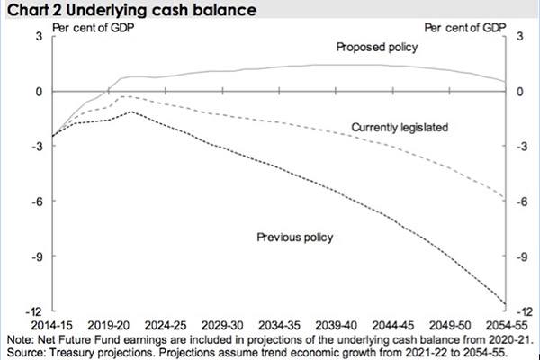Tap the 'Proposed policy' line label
[376, 47]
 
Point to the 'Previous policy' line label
[295, 238]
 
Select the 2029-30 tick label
[223, 322]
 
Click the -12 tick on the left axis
[37, 310]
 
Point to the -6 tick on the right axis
[518, 201]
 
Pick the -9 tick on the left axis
[39, 256]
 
